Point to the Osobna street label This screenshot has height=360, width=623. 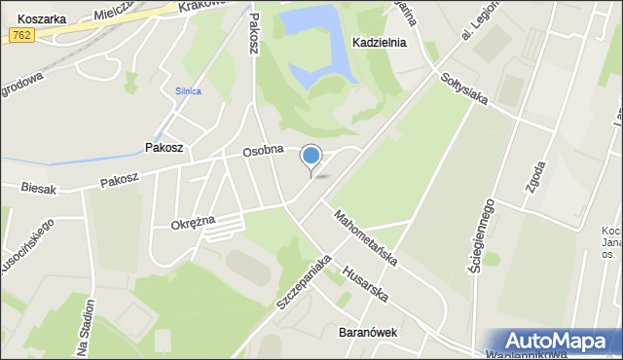pyautogui.click(x=263, y=151)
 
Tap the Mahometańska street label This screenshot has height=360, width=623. pyautogui.click(x=364, y=239)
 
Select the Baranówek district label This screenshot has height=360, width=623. pyautogui.click(x=368, y=332)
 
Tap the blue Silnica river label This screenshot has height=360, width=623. pyautogui.click(x=188, y=91)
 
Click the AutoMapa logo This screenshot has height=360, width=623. pyautogui.click(x=554, y=342)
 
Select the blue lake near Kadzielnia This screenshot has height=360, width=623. pyautogui.click(x=313, y=39)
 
